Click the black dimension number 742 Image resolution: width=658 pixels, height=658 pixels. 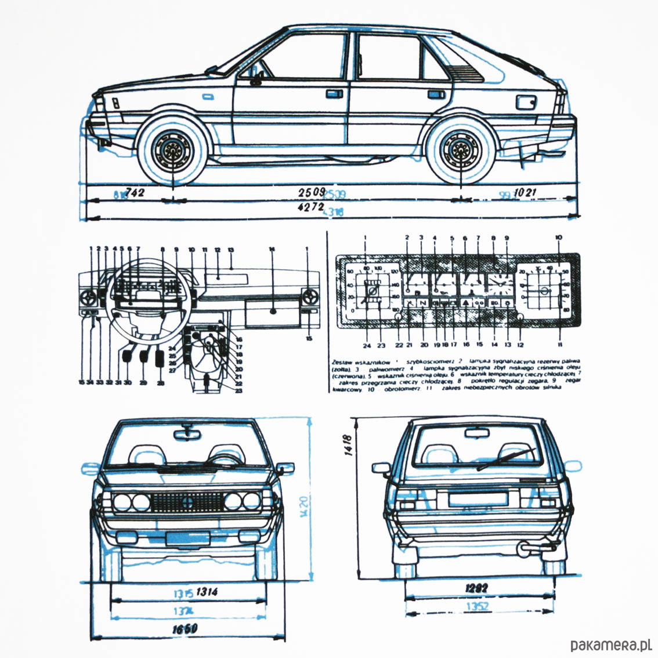pos(135,193)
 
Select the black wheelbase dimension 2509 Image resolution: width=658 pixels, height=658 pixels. pos(312,192)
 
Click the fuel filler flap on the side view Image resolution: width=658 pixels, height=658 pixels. pos(526,103)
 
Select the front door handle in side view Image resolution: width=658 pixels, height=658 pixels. pos(334,93)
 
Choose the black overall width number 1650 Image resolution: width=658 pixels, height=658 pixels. pos(185,628)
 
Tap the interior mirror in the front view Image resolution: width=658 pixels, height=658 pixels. pos(187,432)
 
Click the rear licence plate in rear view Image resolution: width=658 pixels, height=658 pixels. pos(477,498)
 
